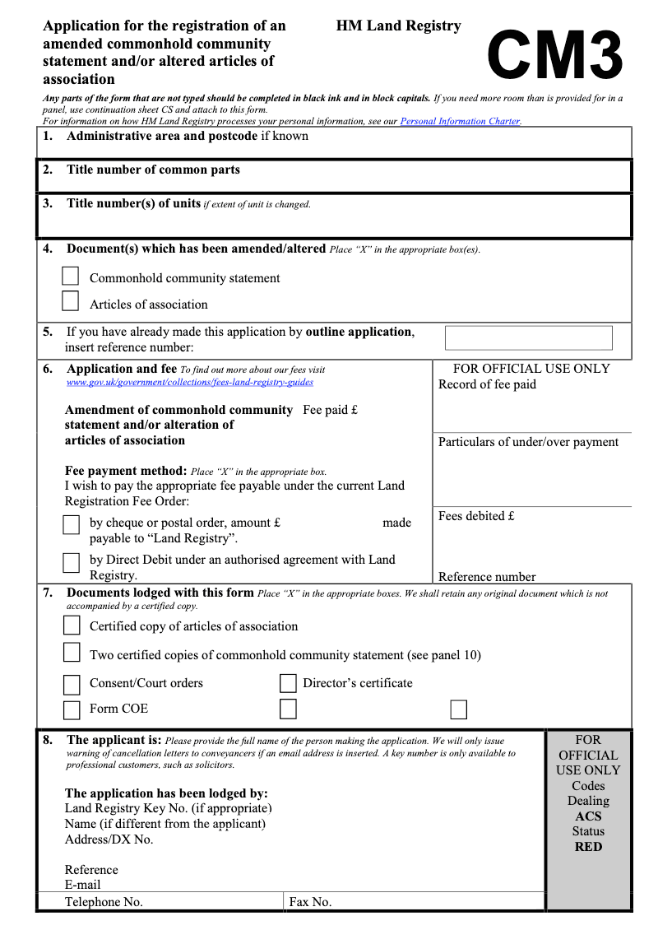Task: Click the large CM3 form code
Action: (x=555, y=54)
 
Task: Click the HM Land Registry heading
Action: (x=398, y=26)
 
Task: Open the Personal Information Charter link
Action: (x=460, y=121)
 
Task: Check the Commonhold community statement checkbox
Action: (x=71, y=277)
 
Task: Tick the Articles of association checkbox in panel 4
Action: (x=71, y=302)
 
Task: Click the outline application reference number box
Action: (x=528, y=338)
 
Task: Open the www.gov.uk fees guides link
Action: (x=189, y=382)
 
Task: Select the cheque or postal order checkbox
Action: (x=72, y=524)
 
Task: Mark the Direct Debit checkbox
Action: (x=72, y=561)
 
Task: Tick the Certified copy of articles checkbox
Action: (x=72, y=625)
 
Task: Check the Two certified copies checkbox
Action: (x=72, y=653)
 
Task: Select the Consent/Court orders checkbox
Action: (x=72, y=684)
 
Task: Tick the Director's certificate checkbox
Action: (x=288, y=683)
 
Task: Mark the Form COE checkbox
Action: (x=72, y=709)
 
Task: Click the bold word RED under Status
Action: (x=588, y=847)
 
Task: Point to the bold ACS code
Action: (x=588, y=816)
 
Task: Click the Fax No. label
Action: (x=310, y=902)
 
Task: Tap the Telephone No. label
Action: (x=104, y=902)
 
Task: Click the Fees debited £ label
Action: (x=476, y=516)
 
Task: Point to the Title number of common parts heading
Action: (x=153, y=170)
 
